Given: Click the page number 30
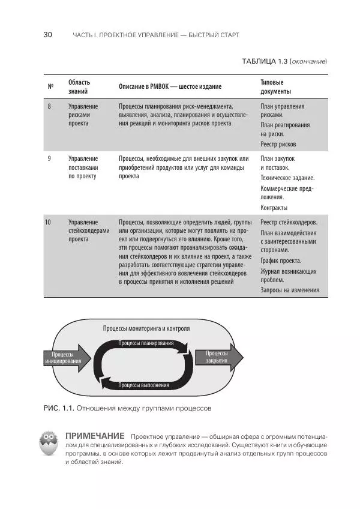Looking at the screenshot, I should point(47,35).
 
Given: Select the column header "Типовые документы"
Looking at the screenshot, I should point(275,87).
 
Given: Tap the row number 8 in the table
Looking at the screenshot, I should point(49,106).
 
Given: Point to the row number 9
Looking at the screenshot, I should point(49,158).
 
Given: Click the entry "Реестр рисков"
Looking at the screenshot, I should point(278,145).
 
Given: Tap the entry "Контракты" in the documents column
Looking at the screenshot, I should point(274,208).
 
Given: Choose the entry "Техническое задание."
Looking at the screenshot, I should point(287,178).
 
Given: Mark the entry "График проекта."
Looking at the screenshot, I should point(281,261).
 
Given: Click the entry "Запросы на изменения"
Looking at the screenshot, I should point(290,291).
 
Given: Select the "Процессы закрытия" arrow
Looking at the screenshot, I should point(217,357).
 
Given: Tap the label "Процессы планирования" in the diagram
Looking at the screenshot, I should point(146,343).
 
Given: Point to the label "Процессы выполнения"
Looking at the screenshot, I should point(143,385).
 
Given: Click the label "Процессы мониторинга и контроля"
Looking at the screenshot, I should point(146,329).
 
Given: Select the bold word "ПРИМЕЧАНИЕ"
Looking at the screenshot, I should point(94,435).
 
